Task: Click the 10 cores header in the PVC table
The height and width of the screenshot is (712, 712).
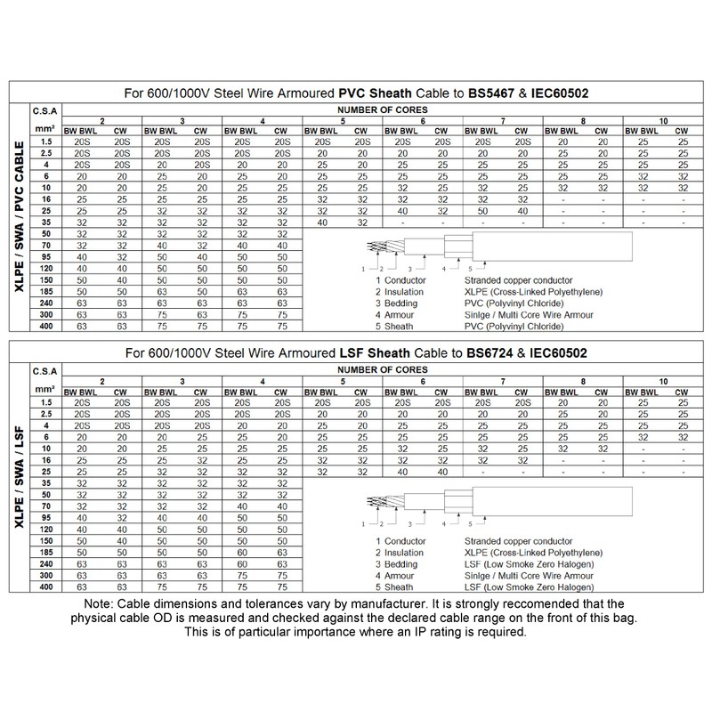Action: (x=662, y=120)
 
